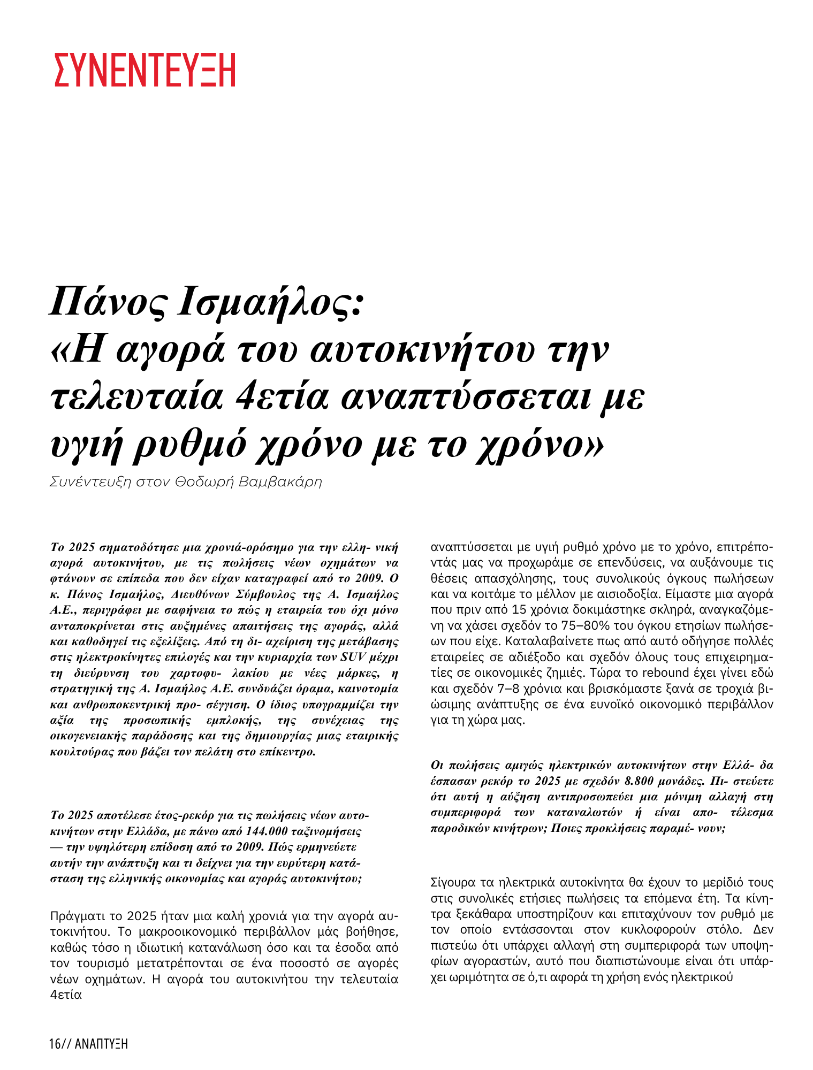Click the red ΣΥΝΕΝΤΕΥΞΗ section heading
(145, 70)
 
